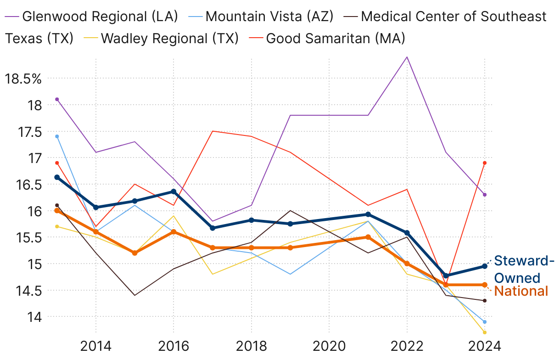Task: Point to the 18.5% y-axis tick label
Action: coord(23,79)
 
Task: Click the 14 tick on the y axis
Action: coord(35,317)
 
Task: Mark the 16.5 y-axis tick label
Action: coord(29,185)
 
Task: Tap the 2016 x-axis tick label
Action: coord(174,345)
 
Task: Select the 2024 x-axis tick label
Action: coord(485,345)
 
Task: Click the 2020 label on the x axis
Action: coord(329,345)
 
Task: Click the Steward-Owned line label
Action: coord(521,269)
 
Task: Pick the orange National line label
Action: coord(521,291)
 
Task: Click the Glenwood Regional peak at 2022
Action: coord(407,57)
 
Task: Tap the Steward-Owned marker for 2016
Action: coord(174,191)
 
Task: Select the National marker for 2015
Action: coord(134,253)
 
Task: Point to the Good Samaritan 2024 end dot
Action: coord(485,163)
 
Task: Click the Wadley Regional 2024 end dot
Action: coord(485,332)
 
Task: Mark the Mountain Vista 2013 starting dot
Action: coord(57,136)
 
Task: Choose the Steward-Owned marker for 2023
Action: coord(446,276)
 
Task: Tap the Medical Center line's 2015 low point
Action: coord(134,295)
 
